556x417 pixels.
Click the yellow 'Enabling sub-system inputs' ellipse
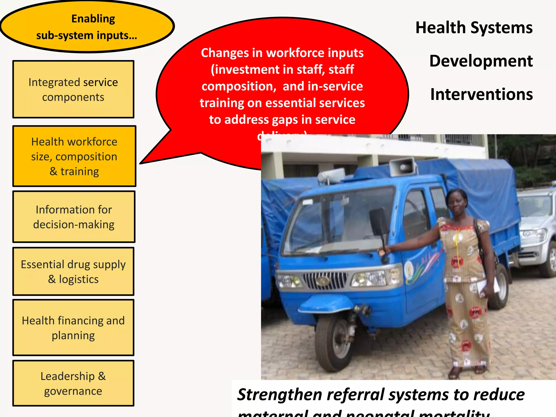click(87, 27)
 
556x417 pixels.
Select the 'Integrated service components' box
click(73, 89)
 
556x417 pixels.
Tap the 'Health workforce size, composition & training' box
click(74, 156)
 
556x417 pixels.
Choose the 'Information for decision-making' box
click(74, 217)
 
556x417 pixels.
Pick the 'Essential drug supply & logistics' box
click(73, 271)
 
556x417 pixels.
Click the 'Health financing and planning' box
click(73, 328)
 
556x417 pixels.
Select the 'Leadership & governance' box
click(73, 383)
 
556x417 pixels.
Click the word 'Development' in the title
click(481, 61)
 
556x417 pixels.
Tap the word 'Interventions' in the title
click(481, 94)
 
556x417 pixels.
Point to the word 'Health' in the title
click(440, 28)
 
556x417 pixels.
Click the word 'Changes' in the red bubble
click(224, 53)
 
